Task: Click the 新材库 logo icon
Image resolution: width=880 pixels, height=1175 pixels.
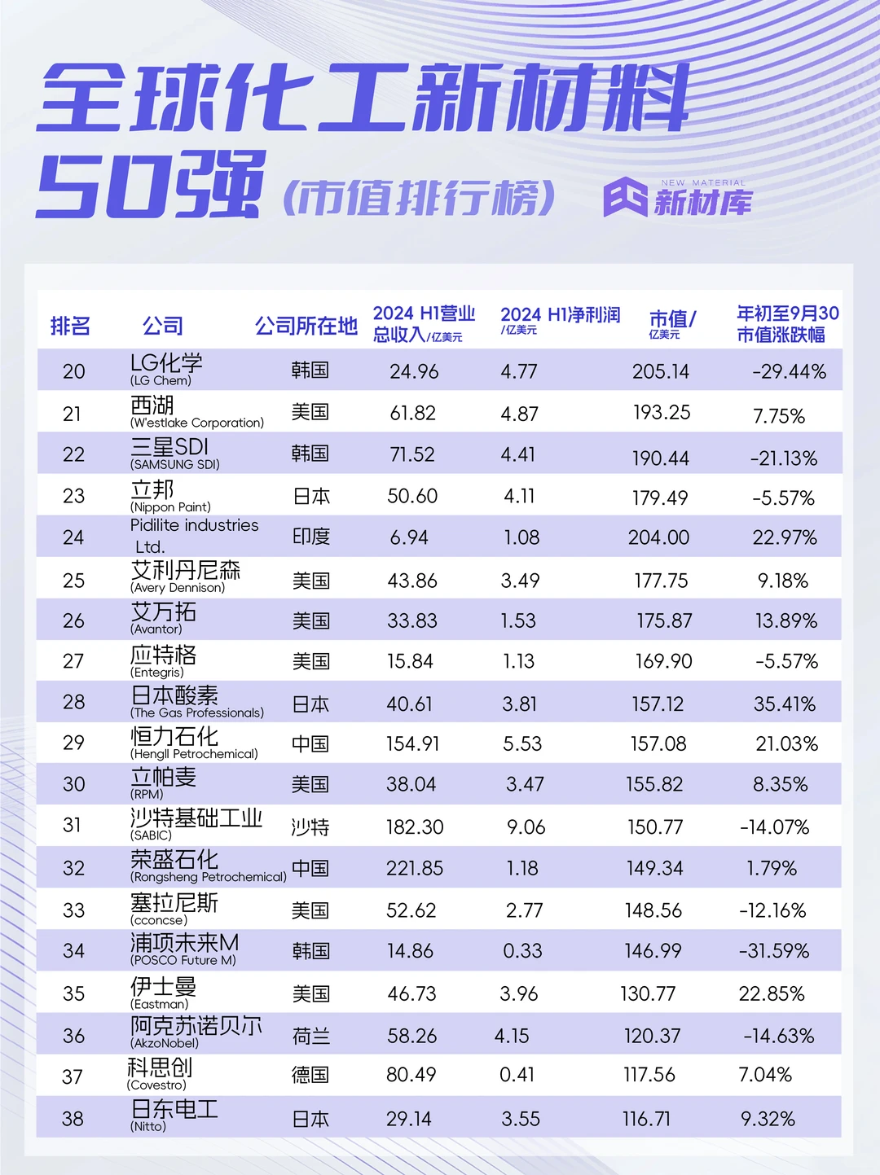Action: coord(625,197)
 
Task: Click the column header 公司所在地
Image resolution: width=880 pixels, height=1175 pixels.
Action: coord(306,327)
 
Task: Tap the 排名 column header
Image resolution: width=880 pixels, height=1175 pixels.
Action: coord(70,327)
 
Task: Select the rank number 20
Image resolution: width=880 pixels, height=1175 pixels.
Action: coord(73,371)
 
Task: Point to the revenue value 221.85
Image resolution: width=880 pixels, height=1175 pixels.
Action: coord(415,868)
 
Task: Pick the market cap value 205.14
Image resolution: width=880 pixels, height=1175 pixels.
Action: coord(661,372)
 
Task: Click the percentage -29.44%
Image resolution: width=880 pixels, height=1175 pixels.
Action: coord(789,372)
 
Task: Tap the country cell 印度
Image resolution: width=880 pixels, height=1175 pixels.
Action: coord(311,537)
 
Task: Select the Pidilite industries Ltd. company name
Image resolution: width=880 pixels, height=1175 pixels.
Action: coord(194,535)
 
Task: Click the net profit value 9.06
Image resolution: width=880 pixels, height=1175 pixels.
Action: coord(526,827)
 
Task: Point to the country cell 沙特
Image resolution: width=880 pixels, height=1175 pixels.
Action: coord(310,827)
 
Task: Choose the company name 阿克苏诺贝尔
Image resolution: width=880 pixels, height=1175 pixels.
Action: coord(196,1026)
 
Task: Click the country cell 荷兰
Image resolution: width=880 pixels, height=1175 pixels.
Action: coord(311,1036)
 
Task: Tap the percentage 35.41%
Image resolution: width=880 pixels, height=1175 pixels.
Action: coord(785,704)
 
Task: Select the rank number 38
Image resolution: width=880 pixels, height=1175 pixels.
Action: coord(73,1119)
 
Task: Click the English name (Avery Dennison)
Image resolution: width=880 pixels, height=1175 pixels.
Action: coord(178,588)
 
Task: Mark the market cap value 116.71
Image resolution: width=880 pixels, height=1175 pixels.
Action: coord(646,1119)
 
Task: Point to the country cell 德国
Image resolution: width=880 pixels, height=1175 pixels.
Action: coord(310,1075)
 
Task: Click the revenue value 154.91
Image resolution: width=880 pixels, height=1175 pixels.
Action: coord(412,743)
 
